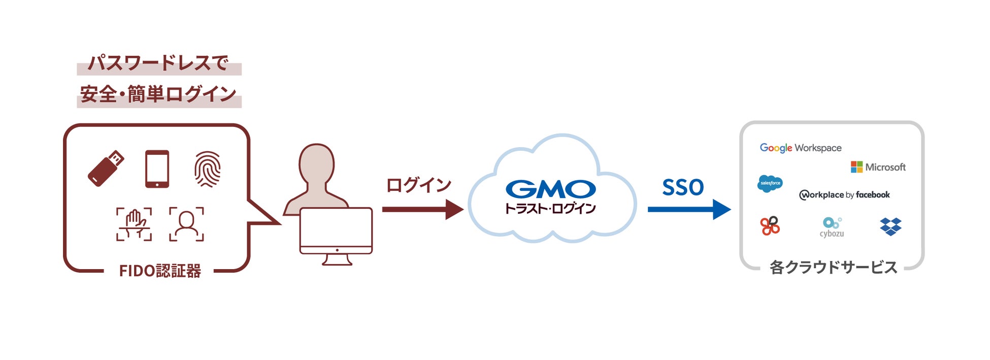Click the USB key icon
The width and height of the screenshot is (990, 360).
[x=106, y=169]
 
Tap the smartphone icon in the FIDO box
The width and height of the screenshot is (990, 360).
[x=157, y=169]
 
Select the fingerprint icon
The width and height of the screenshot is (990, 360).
[x=208, y=169]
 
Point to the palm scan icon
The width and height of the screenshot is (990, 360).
[x=134, y=224]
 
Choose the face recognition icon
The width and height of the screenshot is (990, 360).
[x=186, y=224]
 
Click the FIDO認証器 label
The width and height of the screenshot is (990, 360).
[x=160, y=271]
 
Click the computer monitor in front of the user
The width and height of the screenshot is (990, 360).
[x=336, y=231]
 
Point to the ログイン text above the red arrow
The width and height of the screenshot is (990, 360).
[x=419, y=185]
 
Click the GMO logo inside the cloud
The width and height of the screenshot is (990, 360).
[x=550, y=189]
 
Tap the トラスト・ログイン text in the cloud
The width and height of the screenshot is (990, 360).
[x=550, y=208]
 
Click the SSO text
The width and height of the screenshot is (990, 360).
[x=683, y=187]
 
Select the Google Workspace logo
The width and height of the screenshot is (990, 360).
[x=800, y=148]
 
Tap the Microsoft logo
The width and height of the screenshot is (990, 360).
[x=878, y=167]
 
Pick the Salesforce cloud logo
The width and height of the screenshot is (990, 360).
[x=770, y=183]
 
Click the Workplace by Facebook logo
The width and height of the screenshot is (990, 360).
[x=844, y=195]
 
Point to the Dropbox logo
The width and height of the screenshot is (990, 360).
[x=890, y=226]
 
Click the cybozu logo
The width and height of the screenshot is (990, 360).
[x=832, y=227]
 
